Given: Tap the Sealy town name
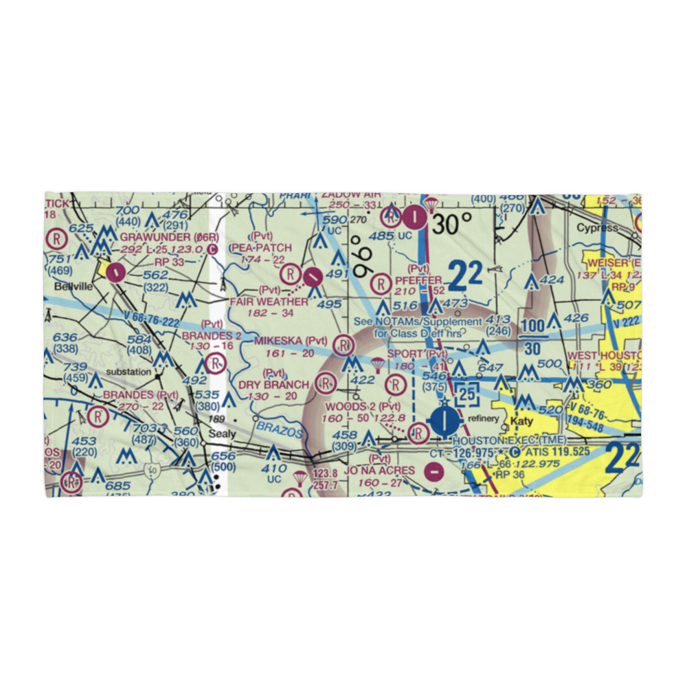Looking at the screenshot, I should pyautogui.click(x=222, y=434).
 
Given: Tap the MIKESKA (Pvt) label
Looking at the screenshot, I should pyautogui.click(x=291, y=341).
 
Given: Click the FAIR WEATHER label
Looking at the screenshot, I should pyautogui.click(x=269, y=302).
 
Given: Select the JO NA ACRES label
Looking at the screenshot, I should pyautogui.click(x=380, y=471).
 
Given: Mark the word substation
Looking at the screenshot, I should pyautogui.click(x=128, y=372).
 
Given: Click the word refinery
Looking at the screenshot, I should pyautogui.click(x=483, y=418).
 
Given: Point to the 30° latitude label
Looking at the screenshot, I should pyautogui.click(x=452, y=223).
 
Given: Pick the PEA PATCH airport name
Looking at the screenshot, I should pyautogui.click(x=261, y=247).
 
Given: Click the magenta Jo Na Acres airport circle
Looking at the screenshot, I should pyautogui.click(x=433, y=472).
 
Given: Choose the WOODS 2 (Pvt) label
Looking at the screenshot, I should pyautogui.click(x=361, y=406).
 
